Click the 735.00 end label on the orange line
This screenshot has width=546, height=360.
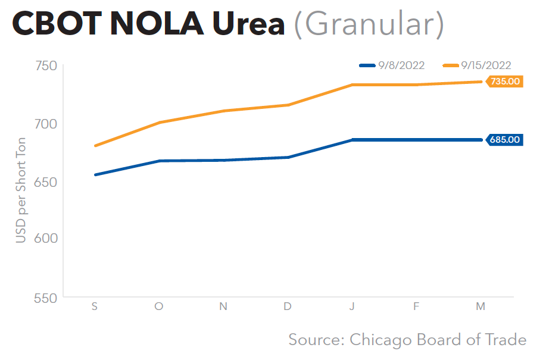tap(505, 82)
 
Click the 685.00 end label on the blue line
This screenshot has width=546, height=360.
tap(505, 140)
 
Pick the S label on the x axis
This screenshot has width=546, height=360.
tap(95, 306)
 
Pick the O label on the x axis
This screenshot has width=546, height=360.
tap(159, 306)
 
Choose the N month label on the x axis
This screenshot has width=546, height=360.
tap(223, 306)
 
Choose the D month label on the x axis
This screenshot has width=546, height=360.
tap(288, 306)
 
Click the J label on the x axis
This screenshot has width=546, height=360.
tap(352, 306)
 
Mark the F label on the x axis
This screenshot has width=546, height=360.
tap(416, 306)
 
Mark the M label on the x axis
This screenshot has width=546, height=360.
tap(481, 306)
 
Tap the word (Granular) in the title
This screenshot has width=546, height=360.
tap(369, 25)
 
